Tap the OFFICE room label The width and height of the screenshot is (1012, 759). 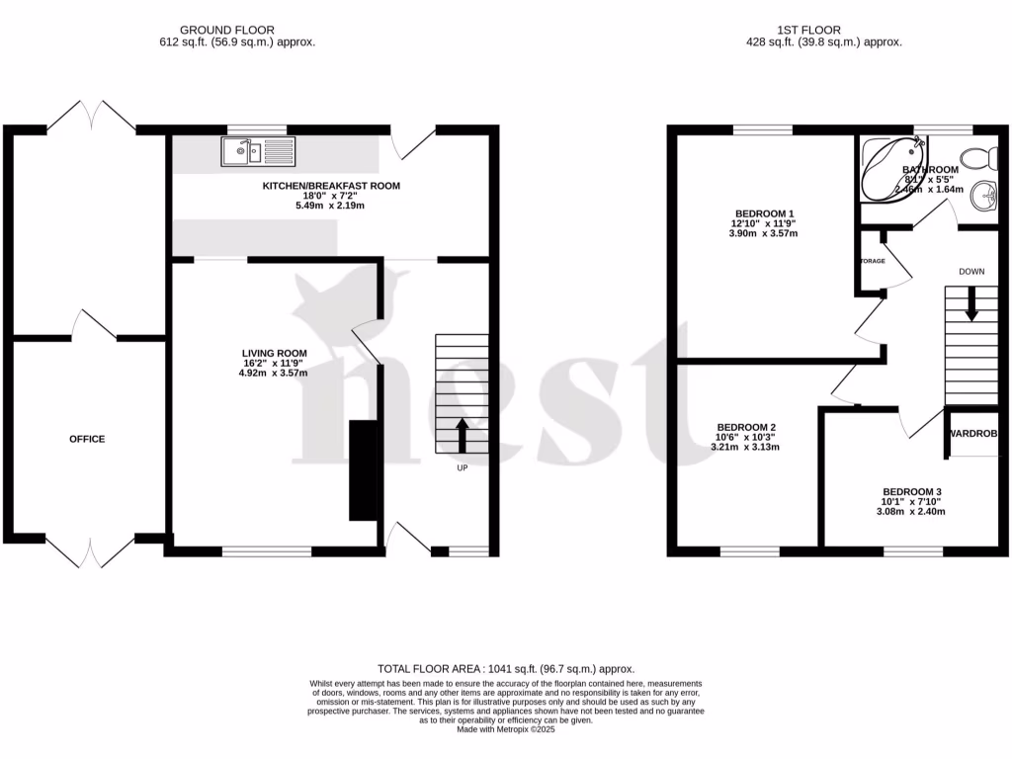(87, 439)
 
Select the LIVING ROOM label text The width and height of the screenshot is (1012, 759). (275, 353)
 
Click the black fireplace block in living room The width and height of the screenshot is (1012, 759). (364, 469)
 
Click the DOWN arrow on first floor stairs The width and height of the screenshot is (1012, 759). (971, 303)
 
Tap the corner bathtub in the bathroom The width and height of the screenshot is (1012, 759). (891, 168)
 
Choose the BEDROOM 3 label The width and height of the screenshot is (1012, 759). (912, 491)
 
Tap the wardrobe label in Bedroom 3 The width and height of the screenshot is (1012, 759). (973, 434)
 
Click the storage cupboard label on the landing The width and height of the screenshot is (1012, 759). (872, 261)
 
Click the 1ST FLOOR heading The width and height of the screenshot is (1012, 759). (824, 30)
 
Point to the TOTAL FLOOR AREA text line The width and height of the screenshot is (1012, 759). (506, 669)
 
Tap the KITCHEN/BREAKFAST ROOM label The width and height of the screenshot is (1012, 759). (331, 186)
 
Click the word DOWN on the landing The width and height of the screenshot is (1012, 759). (972, 270)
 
